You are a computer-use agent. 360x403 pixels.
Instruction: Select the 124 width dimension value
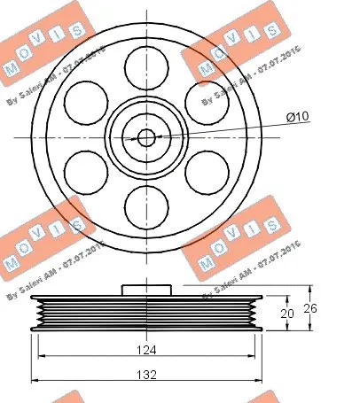(146, 351)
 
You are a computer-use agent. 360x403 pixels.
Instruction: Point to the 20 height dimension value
(286, 313)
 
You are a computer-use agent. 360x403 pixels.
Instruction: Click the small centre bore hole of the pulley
(146, 136)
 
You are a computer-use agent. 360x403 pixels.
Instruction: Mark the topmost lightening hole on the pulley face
(146, 66)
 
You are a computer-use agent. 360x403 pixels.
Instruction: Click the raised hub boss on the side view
(146, 289)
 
